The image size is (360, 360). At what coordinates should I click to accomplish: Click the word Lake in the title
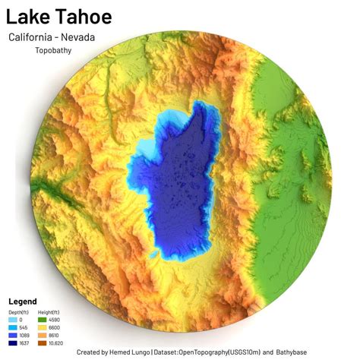click(x=28, y=17)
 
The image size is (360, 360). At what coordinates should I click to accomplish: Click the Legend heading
click(x=23, y=302)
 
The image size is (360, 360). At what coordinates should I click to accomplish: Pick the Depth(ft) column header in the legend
click(x=19, y=312)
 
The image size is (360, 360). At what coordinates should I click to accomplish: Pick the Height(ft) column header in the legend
click(x=49, y=312)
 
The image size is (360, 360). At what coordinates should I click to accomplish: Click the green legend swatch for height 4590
click(x=43, y=320)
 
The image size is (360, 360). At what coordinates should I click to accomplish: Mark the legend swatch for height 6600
click(x=43, y=327)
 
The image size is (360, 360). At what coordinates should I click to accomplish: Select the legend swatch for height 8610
click(x=43, y=335)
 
